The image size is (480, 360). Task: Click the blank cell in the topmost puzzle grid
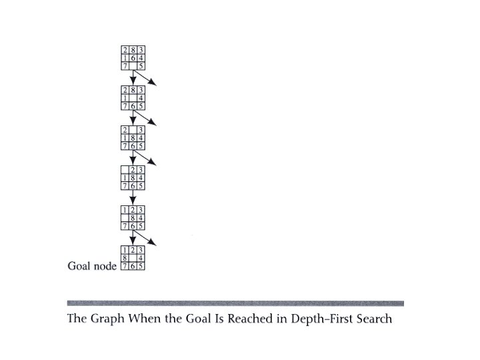click(133, 66)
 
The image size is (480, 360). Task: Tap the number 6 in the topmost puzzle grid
click(133, 58)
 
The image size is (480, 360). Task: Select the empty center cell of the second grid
click(133, 97)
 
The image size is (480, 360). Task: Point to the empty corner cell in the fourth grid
click(125, 169)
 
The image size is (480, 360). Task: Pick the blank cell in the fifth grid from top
click(125, 217)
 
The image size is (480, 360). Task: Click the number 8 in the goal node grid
click(125, 257)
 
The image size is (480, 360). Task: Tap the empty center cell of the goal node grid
click(133, 257)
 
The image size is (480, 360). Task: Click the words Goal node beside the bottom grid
click(92, 266)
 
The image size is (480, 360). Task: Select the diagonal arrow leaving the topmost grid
click(148, 79)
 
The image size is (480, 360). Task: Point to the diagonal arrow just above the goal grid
click(148, 237)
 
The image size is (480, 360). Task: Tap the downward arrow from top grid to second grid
click(133, 77)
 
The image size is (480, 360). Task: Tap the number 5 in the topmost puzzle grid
click(141, 66)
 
